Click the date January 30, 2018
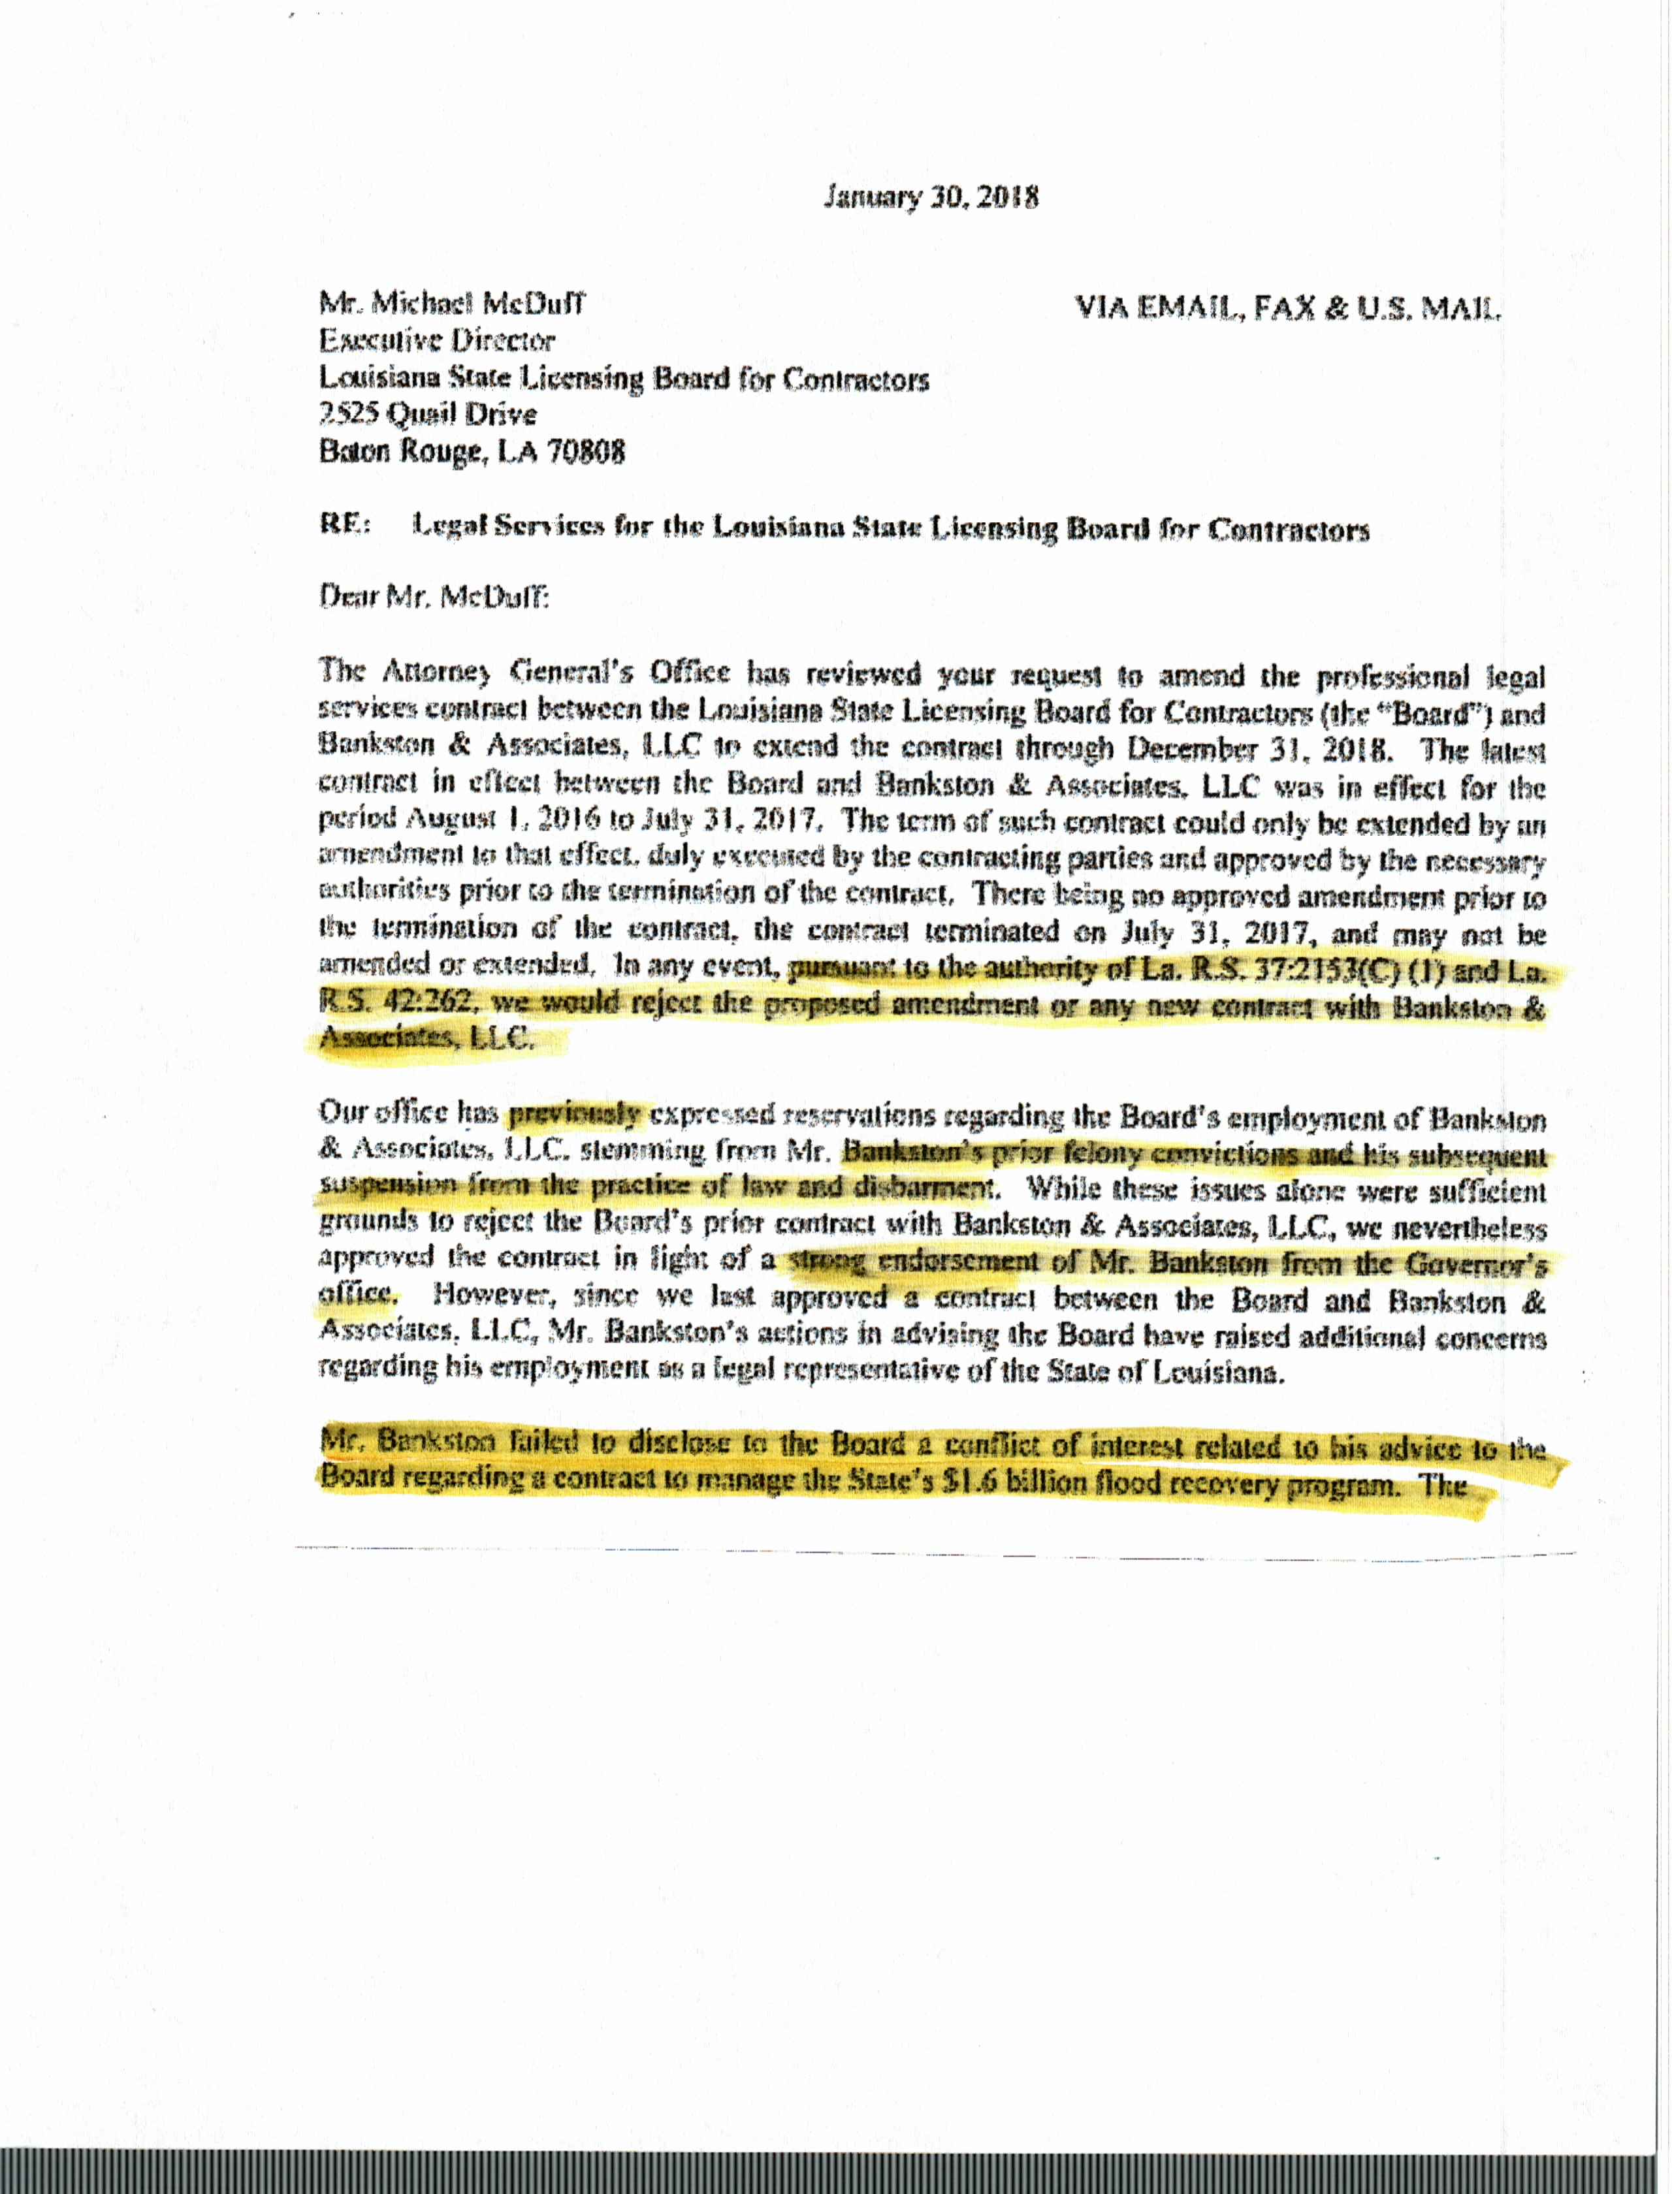[931, 197]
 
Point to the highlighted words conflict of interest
[1069, 1447]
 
